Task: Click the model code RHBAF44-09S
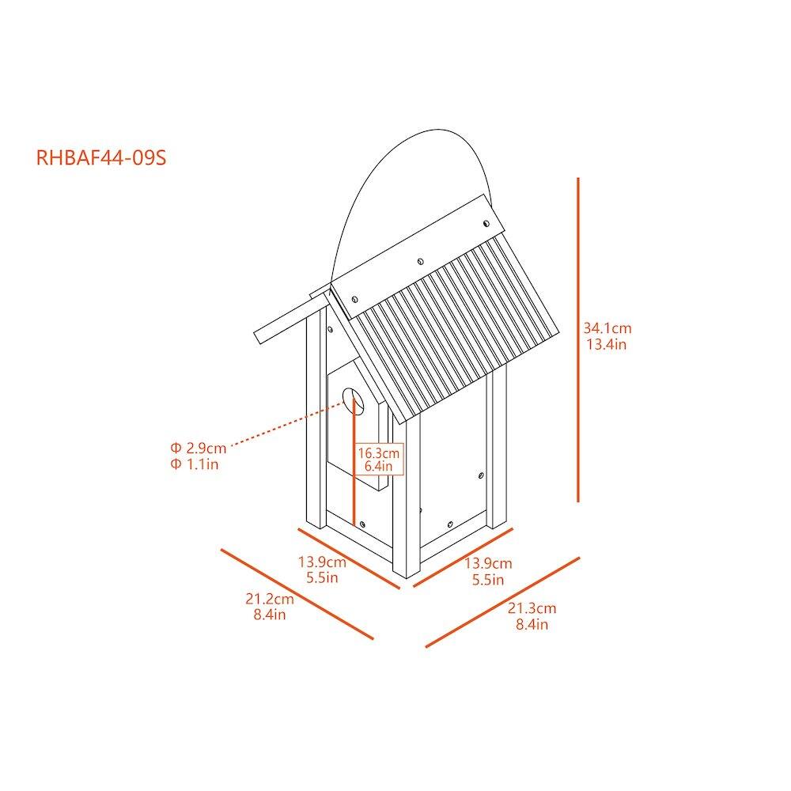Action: pyautogui.click(x=101, y=157)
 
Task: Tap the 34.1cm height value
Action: pyautogui.click(x=607, y=327)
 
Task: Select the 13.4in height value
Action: pyautogui.click(x=607, y=344)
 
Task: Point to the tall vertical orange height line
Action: pyautogui.click(x=578, y=340)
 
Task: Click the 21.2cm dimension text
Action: pyautogui.click(x=269, y=599)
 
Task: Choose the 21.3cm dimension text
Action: pyautogui.click(x=532, y=608)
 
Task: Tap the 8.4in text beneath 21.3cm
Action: pyautogui.click(x=532, y=625)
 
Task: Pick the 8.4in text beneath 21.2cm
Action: pyautogui.click(x=270, y=615)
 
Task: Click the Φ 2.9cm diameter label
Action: pyautogui.click(x=198, y=448)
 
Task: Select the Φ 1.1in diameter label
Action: pyautogui.click(x=195, y=464)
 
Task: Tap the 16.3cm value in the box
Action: pyautogui.click(x=380, y=453)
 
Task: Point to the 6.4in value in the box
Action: pyautogui.click(x=379, y=467)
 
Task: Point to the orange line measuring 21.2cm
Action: pyautogui.click(x=297, y=593)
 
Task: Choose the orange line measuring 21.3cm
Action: pyautogui.click(x=502, y=602)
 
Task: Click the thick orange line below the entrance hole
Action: pyautogui.click(x=358, y=475)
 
